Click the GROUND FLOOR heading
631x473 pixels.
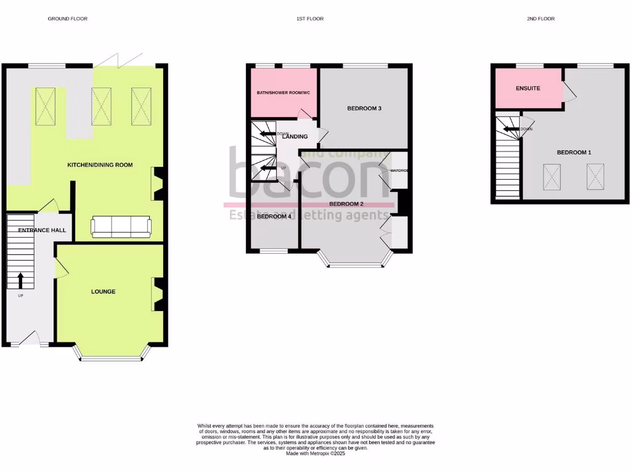point(68,19)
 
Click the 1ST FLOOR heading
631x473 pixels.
point(310,19)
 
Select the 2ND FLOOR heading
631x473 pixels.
point(540,19)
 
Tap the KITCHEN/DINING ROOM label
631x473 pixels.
point(100,165)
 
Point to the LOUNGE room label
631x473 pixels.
point(104,291)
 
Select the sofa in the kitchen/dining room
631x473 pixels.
point(121,227)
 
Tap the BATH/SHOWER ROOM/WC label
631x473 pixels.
point(284,93)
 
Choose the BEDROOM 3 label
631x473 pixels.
point(365,108)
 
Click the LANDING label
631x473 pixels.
point(295,137)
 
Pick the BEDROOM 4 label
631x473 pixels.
point(274,216)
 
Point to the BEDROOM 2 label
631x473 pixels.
point(346,204)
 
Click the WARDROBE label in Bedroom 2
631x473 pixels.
point(399,171)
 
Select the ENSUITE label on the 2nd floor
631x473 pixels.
point(527,88)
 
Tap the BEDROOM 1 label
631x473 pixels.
point(574,152)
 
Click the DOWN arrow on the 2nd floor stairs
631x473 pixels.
point(511,129)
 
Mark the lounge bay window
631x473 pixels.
point(112,357)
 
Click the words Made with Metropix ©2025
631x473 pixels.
point(315,453)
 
